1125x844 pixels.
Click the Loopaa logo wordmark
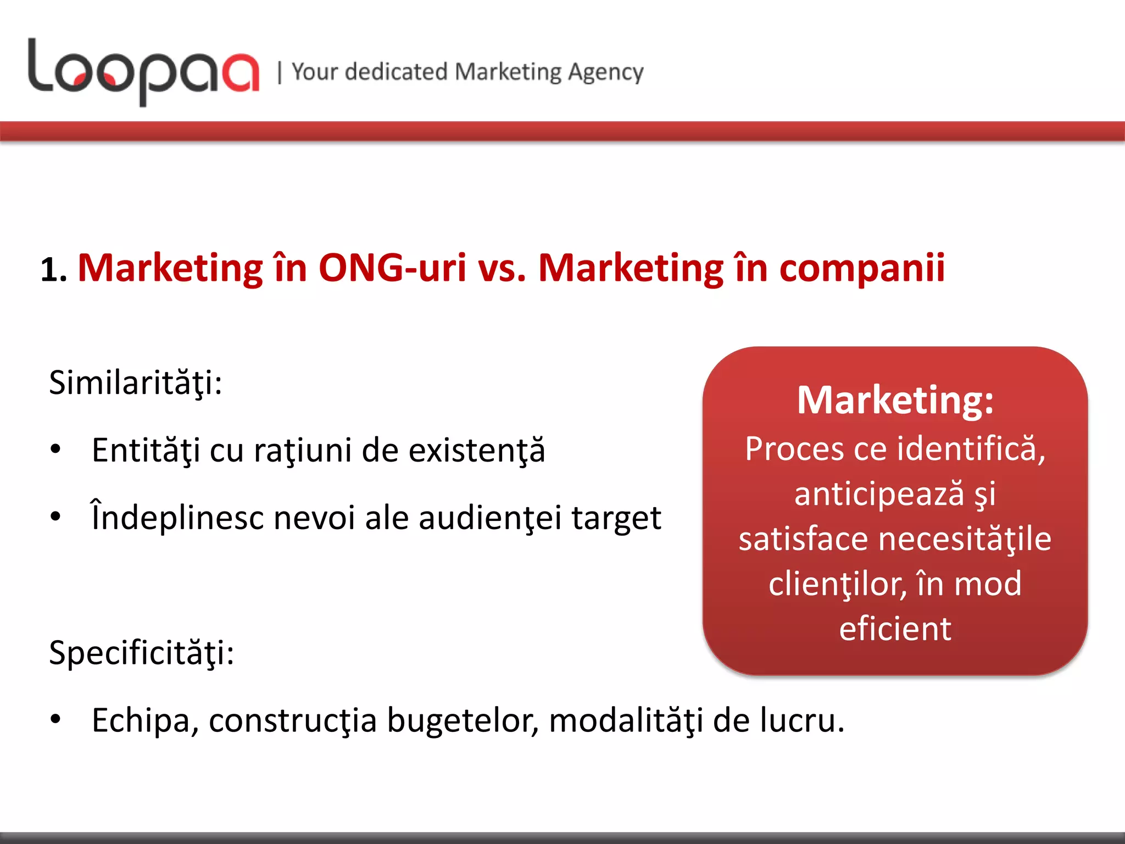pos(143,71)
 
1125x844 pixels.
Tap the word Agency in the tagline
pos(605,73)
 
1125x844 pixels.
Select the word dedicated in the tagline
pos(396,72)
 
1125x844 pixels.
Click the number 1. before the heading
pos(54,271)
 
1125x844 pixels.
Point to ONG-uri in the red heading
pos(392,268)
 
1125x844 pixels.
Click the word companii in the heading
pos(862,268)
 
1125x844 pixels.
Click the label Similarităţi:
pos(135,383)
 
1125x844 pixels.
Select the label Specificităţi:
pos(141,653)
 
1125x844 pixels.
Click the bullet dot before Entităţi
pos(55,449)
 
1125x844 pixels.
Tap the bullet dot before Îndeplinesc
pos(55,517)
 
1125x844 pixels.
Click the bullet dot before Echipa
pos(55,719)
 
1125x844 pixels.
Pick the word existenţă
pos(477,451)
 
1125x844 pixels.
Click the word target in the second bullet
pos(616,518)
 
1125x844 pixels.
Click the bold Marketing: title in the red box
pos(895,400)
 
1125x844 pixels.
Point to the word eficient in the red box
pos(895,629)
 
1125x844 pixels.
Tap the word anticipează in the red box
pos(879,494)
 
